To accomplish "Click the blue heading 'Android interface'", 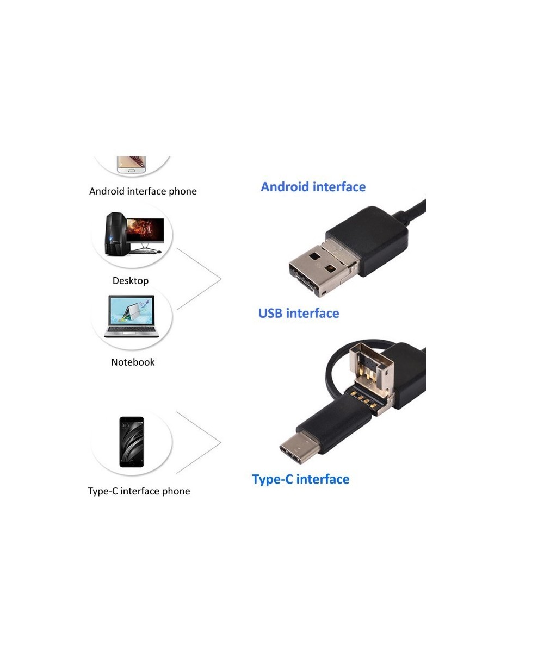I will tap(313, 187).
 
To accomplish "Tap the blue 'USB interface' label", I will tap(298, 314).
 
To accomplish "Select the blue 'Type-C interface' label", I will tap(300, 479).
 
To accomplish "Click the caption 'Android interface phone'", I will tap(143, 191).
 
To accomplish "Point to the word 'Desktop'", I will tap(130, 281).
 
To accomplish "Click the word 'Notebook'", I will tap(133, 362).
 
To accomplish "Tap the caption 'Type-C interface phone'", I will tap(139, 491).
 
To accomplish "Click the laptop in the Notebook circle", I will tap(131, 316).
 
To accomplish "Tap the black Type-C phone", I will tap(132, 442).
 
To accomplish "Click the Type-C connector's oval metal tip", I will tap(299, 449).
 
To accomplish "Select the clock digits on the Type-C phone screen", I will tap(125, 425).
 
